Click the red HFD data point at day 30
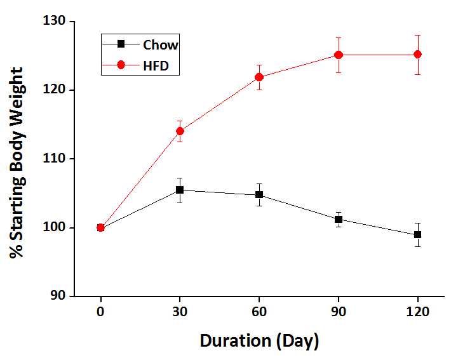click(x=180, y=131)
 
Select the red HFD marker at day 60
click(x=259, y=77)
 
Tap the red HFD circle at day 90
click(x=339, y=55)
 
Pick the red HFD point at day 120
click(x=417, y=55)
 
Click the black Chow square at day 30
click(x=180, y=190)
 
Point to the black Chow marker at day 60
click(x=259, y=195)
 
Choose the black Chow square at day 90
click(x=339, y=219)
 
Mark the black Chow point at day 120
click(x=417, y=235)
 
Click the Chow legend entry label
click(x=160, y=44)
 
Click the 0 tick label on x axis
click(x=100, y=312)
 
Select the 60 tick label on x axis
click(x=259, y=312)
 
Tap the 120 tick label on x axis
click(x=417, y=312)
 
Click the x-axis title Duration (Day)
click(x=259, y=341)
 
